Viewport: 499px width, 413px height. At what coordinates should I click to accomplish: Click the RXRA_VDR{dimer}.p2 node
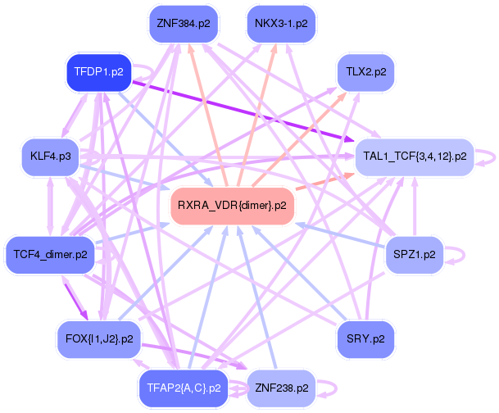[232, 206]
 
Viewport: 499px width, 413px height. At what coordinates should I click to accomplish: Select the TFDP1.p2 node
[98, 72]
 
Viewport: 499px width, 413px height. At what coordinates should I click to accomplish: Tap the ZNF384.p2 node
[183, 24]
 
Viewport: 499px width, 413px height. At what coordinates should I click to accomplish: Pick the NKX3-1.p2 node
[281, 24]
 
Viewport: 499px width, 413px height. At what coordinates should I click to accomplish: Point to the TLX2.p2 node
[365, 72]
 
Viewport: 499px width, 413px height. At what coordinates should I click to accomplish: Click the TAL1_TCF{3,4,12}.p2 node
[414, 156]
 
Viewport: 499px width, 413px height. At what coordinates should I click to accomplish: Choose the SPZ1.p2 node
[414, 254]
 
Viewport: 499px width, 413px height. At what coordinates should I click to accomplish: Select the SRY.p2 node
[365, 338]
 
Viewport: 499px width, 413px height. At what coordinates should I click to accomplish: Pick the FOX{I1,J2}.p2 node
[98, 338]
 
